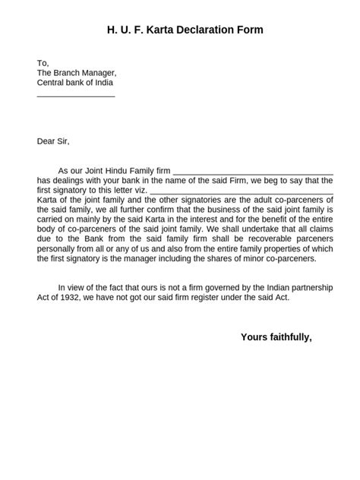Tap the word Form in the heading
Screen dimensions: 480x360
[249, 30]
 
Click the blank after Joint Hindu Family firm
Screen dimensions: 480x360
[254, 173]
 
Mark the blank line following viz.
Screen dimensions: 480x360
[242, 193]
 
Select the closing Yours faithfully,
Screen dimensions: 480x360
[276, 336]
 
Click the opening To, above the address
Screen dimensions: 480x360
[43, 62]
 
